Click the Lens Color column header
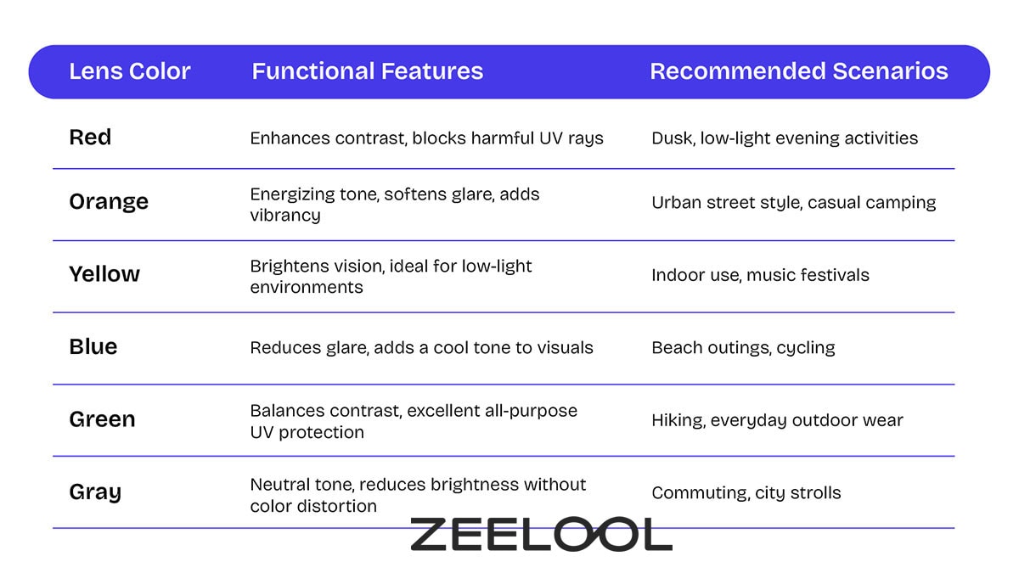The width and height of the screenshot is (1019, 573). click(129, 71)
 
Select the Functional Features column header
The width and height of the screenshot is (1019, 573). click(367, 71)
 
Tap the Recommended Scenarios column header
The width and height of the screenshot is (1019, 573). click(798, 71)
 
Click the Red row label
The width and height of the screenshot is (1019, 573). click(90, 138)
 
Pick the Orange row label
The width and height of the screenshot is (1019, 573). click(109, 202)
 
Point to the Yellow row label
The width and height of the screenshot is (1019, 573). click(104, 274)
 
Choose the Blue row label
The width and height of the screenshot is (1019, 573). click(93, 347)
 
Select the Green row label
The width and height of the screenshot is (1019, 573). click(102, 419)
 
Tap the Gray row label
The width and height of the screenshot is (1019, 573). click(95, 492)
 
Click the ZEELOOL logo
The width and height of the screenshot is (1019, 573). click(541, 535)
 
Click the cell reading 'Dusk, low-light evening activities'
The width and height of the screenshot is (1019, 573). click(785, 138)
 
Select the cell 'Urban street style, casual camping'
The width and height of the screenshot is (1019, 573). click(793, 203)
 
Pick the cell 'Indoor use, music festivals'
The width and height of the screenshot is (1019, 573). click(760, 275)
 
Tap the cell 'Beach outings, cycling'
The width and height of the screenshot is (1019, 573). click(743, 347)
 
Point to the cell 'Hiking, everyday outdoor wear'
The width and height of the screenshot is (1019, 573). click(777, 420)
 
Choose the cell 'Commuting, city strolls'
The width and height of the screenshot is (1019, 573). click(746, 492)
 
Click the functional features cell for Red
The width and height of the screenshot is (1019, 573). click(426, 138)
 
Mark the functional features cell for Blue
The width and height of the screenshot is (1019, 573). click(421, 347)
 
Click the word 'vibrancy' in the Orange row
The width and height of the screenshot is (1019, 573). click(285, 215)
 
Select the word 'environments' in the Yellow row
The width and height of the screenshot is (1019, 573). click(306, 287)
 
